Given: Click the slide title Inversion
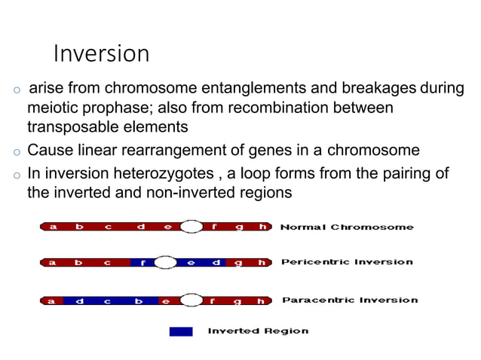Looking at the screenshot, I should [101, 54].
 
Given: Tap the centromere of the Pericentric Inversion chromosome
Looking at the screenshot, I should [166, 262].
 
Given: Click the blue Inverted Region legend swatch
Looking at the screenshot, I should [181, 331].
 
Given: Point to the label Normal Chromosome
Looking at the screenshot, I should [347, 227].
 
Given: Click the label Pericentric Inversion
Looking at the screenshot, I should [347, 262].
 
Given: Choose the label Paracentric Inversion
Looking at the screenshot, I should [349, 301].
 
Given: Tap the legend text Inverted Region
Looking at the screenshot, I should [258, 331].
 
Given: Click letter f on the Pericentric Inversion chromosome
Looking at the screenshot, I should [142, 263].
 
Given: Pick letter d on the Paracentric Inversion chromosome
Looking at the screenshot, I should [79, 301].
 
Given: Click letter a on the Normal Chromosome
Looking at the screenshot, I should [52, 226].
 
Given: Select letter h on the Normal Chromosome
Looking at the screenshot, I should [262, 226].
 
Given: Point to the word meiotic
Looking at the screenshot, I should [52, 108].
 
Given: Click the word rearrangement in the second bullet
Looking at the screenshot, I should [173, 149].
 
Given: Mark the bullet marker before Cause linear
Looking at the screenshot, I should [15, 151].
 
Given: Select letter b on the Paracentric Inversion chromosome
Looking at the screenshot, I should [138, 301].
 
